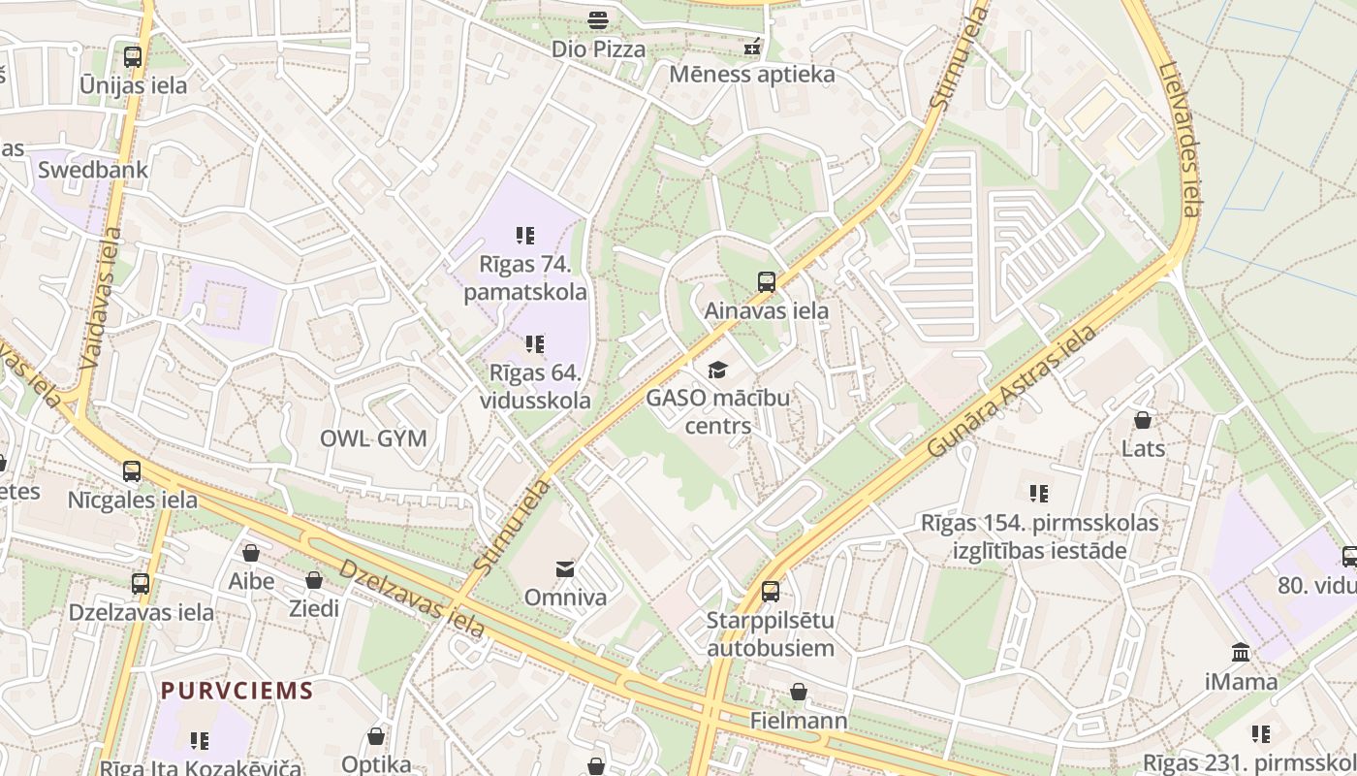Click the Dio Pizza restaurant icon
pyautogui.click(x=598, y=19)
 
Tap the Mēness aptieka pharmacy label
pyautogui.click(x=751, y=74)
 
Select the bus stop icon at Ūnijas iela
pyautogui.click(x=133, y=56)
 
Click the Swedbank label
pyautogui.click(x=93, y=170)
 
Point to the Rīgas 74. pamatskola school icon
pyautogui.click(x=525, y=235)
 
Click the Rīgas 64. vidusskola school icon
pyautogui.click(x=534, y=343)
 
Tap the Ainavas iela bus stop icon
pyautogui.click(x=767, y=282)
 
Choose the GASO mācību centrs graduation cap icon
pyautogui.click(x=717, y=370)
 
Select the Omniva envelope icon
pyautogui.click(x=565, y=568)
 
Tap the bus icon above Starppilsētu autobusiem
pyautogui.click(x=771, y=591)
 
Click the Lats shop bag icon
pyautogui.click(x=1143, y=420)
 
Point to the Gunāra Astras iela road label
pyautogui.click(x=1012, y=392)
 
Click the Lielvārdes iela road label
pyautogui.click(x=1180, y=141)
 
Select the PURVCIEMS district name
pyautogui.click(x=237, y=691)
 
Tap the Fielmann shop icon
pyautogui.click(x=799, y=692)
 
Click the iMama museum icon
pyautogui.click(x=1241, y=652)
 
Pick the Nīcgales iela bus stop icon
pyautogui.click(x=132, y=471)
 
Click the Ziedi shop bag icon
pyautogui.click(x=314, y=580)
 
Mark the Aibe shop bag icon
pyautogui.click(x=251, y=553)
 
